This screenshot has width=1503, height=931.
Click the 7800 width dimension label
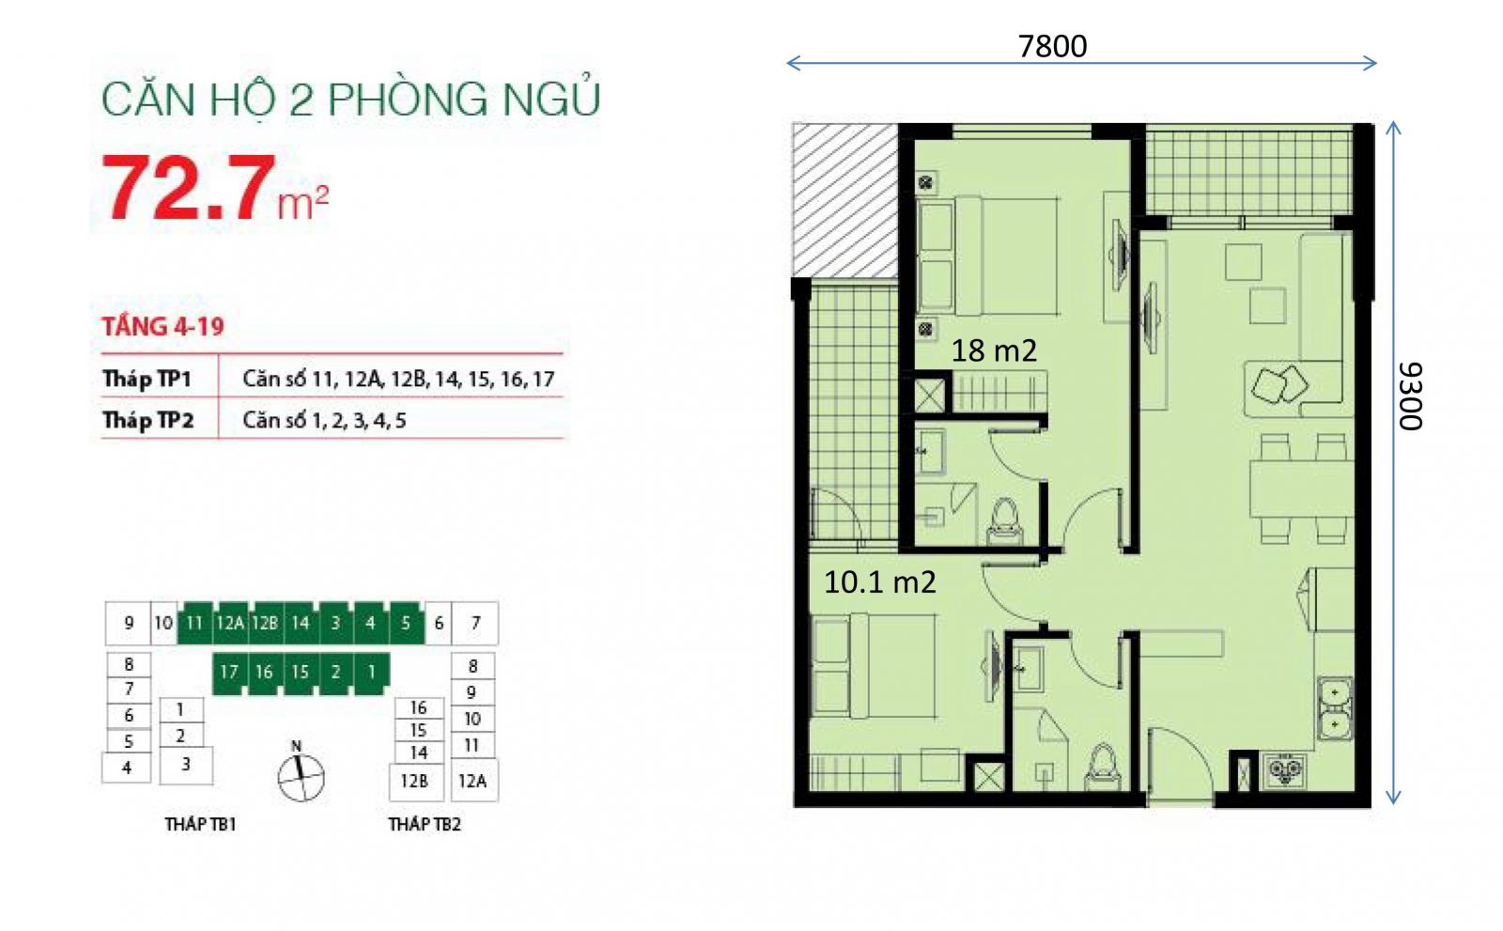(1052, 46)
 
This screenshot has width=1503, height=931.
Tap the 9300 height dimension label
(1410, 396)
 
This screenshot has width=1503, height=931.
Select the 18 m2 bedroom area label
(994, 350)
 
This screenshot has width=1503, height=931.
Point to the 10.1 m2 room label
(879, 582)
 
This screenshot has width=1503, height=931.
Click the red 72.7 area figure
(189, 187)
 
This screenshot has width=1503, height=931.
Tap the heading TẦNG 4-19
(163, 326)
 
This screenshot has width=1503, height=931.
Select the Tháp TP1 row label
(147, 379)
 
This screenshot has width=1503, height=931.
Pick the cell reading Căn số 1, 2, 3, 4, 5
(324, 421)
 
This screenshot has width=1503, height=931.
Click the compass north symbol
(301, 776)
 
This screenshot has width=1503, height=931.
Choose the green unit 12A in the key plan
(230, 623)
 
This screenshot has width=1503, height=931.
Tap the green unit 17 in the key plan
(229, 673)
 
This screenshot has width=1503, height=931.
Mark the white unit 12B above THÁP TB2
(415, 782)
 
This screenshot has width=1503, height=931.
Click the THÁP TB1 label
(201, 824)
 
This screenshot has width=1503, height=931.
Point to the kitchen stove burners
(1284, 770)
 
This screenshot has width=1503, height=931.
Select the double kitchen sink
(1335, 708)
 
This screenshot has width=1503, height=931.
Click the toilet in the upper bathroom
(1004, 521)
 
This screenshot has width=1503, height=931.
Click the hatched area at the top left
(844, 201)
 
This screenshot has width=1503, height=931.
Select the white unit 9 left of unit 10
(128, 623)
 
